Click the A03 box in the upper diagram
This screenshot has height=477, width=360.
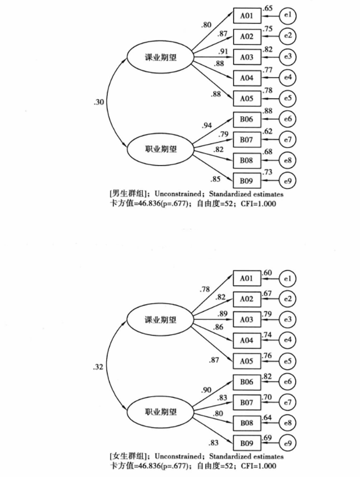[x=246, y=57]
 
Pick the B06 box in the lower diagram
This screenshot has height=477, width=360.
[x=246, y=382]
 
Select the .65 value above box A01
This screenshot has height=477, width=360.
[x=266, y=8]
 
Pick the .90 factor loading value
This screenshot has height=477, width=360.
[x=207, y=390]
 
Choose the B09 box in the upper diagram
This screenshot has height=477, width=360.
[x=246, y=180]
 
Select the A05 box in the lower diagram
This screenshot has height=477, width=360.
[x=246, y=361]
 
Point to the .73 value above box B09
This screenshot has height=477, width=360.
[x=266, y=173]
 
